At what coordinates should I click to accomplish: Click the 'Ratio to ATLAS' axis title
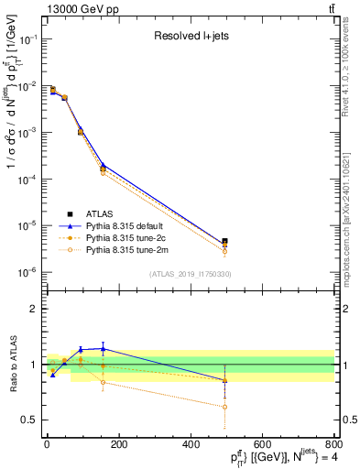(x=12, y=364)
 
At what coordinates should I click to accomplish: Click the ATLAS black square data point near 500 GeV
(x=225, y=242)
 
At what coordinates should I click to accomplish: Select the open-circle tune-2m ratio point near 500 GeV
(x=225, y=407)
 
